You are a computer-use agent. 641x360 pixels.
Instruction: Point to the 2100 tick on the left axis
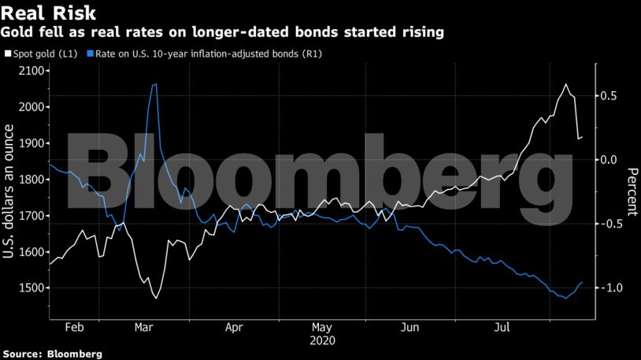[30, 71]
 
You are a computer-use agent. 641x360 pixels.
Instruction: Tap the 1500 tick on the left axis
[30, 288]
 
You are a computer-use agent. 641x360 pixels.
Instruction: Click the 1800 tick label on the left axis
[30, 180]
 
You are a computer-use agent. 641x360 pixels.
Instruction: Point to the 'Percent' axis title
[631, 191]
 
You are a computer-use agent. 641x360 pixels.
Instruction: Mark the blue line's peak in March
[155, 84]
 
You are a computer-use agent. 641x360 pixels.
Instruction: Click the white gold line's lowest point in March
[156, 298]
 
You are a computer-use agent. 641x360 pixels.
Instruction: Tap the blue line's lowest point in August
[565, 299]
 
